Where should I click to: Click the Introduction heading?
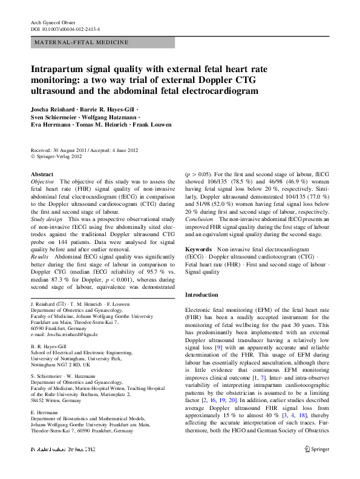[201, 294]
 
